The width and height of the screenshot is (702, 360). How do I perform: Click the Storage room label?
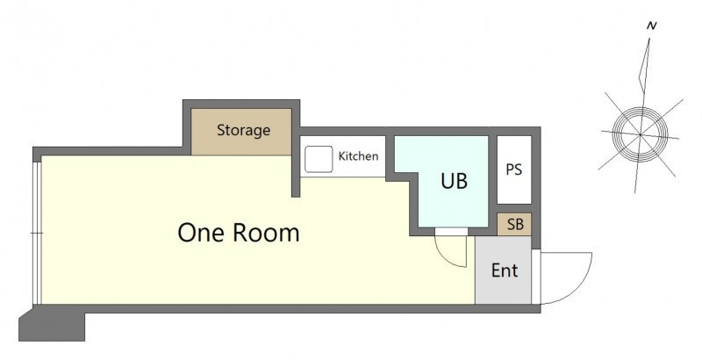tap(244, 130)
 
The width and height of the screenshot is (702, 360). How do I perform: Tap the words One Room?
tap(239, 233)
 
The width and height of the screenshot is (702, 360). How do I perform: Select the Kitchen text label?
tap(358, 156)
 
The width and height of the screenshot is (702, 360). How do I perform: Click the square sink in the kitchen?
tap(319, 159)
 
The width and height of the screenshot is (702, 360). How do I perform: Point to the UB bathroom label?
tap(454, 181)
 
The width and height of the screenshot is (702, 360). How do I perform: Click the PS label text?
tap(514, 169)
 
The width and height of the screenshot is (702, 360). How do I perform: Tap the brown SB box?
tap(514, 224)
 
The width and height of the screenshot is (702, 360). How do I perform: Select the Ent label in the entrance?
tap(505, 270)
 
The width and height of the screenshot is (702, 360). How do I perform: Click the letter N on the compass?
tap(652, 26)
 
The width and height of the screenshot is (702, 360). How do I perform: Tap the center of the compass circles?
tap(641, 134)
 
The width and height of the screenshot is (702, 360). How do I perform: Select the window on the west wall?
tap(37, 233)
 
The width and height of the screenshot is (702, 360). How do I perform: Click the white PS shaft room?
tap(514, 169)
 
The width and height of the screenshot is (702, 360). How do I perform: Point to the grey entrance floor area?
tap(503, 270)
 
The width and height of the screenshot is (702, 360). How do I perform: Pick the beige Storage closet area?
tap(241, 132)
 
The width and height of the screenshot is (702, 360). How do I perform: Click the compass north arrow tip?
tap(649, 39)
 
